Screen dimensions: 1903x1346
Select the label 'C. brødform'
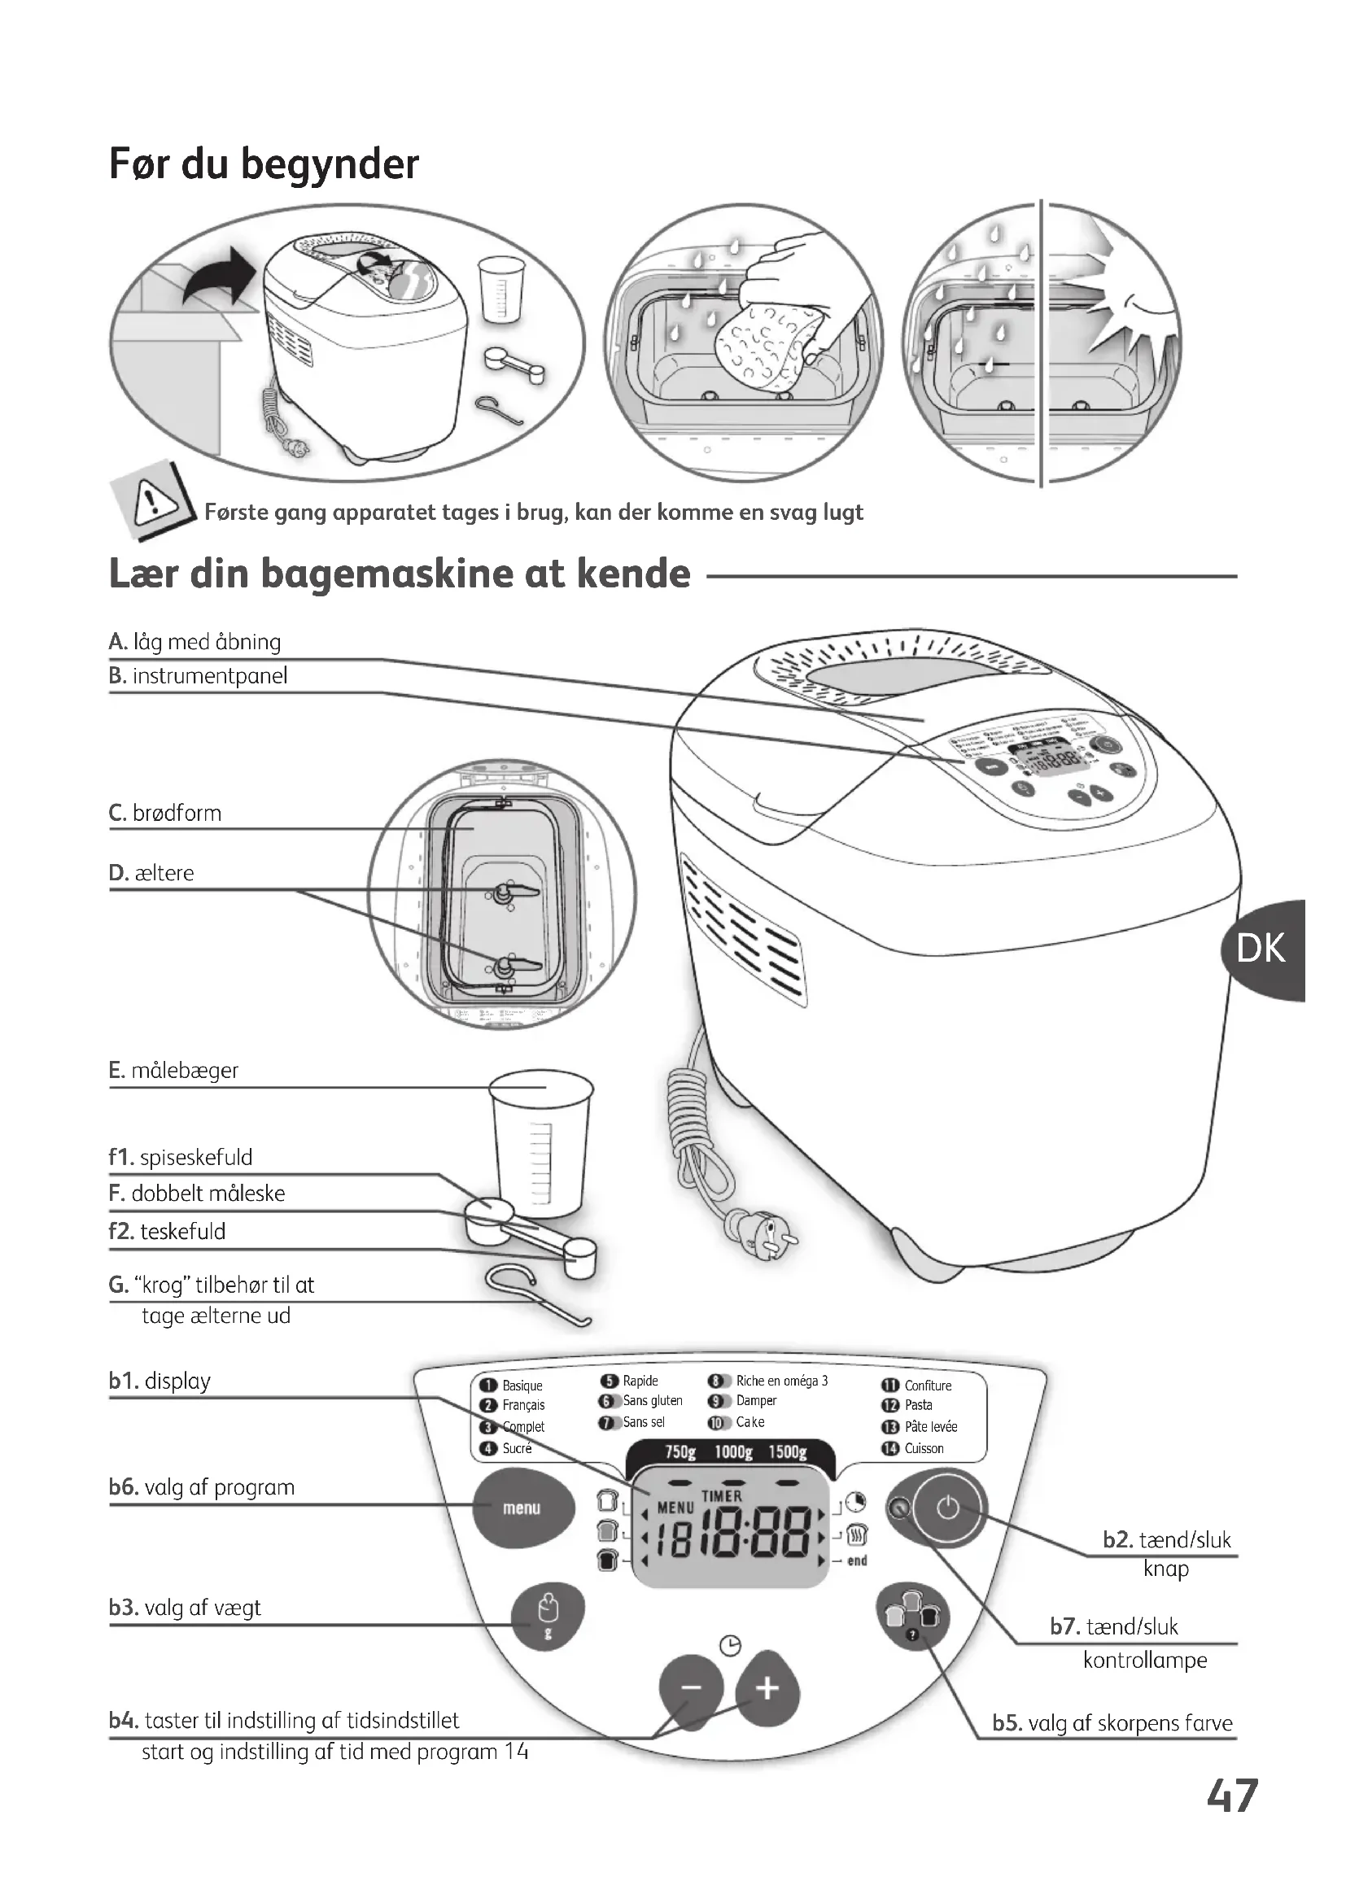(x=166, y=813)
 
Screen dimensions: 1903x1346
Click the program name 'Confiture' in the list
(x=928, y=1386)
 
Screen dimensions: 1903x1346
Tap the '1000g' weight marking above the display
(x=732, y=1452)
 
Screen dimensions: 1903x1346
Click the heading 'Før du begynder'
(x=264, y=164)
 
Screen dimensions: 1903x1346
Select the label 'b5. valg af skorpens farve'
(x=1112, y=1723)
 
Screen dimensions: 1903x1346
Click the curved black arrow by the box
(x=218, y=277)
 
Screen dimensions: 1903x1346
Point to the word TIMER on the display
(x=722, y=1496)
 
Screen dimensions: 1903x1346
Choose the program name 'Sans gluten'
(x=653, y=1401)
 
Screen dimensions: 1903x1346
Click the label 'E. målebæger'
(x=174, y=1070)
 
